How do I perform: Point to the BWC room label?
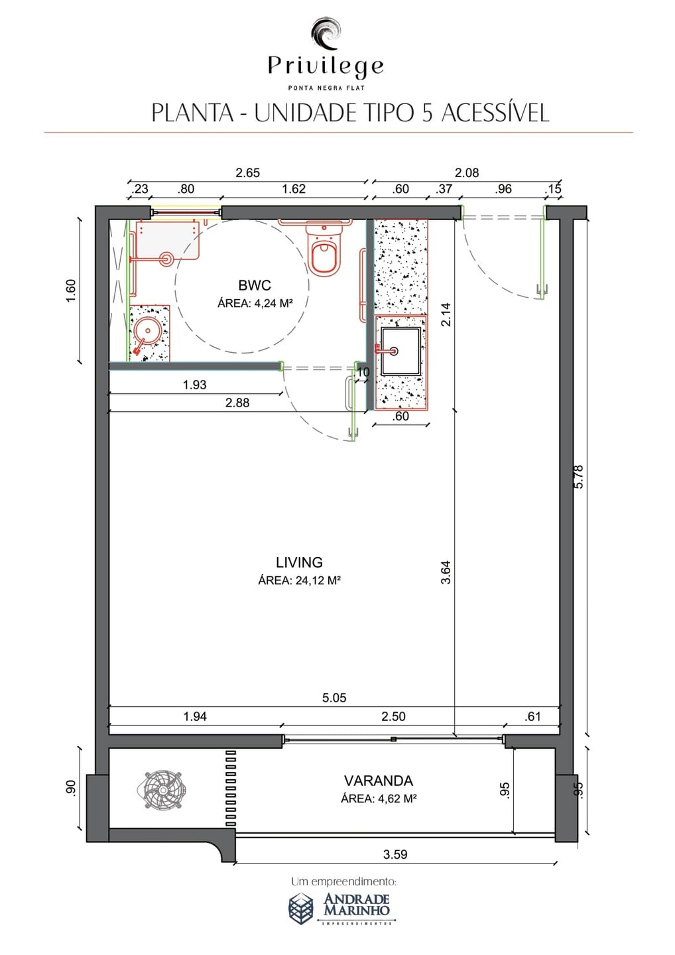click(x=255, y=285)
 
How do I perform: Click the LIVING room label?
click(x=299, y=562)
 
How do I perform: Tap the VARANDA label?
click(x=379, y=781)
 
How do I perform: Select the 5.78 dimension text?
click(x=579, y=476)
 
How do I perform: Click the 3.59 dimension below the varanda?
click(x=395, y=854)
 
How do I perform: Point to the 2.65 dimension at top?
click(x=247, y=172)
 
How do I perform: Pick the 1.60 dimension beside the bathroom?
click(x=71, y=290)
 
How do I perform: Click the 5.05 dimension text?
click(x=334, y=698)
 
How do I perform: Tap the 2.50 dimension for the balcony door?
click(x=393, y=716)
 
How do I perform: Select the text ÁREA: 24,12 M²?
click(x=299, y=580)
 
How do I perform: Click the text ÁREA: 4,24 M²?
click(x=255, y=303)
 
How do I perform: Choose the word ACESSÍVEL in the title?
click(x=495, y=113)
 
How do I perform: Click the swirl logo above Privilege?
click(x=326, y=34)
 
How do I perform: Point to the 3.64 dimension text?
click(x=446, y=572)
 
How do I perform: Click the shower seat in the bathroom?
click(x=168, y=239)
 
